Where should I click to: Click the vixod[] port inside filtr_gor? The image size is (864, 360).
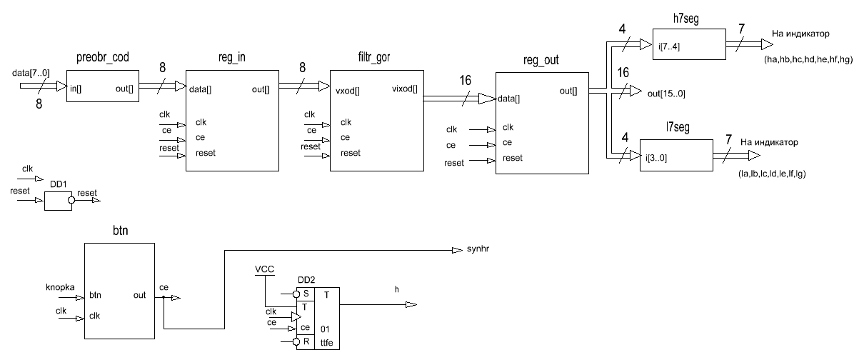tap(405, 90)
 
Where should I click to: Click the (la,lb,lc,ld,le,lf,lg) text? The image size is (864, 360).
tap(775, 173)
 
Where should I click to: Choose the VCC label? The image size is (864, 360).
tap(264, 269)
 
